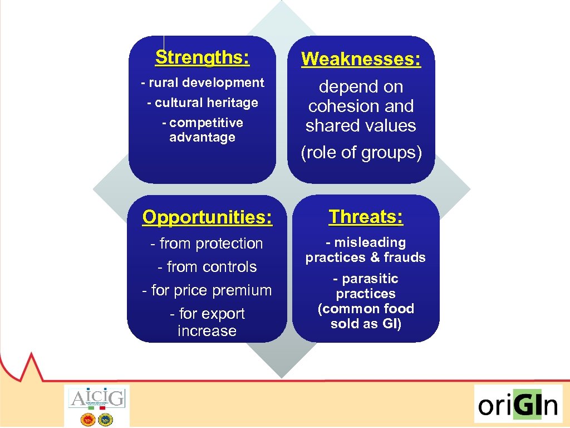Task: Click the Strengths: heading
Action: click(202, 57)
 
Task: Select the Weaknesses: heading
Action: click(361, 59)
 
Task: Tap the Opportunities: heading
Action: click(207, 217)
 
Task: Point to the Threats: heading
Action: click(366, 217)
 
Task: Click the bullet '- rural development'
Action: click(202, 83)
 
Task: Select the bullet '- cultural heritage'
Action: click(202, 103)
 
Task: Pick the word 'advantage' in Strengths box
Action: click(202, 138)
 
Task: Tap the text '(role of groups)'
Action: click(361, 153)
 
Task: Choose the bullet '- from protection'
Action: click(207, 244)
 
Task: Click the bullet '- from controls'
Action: click(207, 267)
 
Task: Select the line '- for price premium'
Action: click(207, 290)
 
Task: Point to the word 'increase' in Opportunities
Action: click(207, 331)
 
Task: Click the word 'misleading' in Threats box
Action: click(370, 242)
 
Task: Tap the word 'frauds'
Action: click(405, 257)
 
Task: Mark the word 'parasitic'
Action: click(370, 279)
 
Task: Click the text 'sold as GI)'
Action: click(366, 324)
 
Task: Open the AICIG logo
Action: click(97, 405)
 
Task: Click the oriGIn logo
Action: click(518, 404)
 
